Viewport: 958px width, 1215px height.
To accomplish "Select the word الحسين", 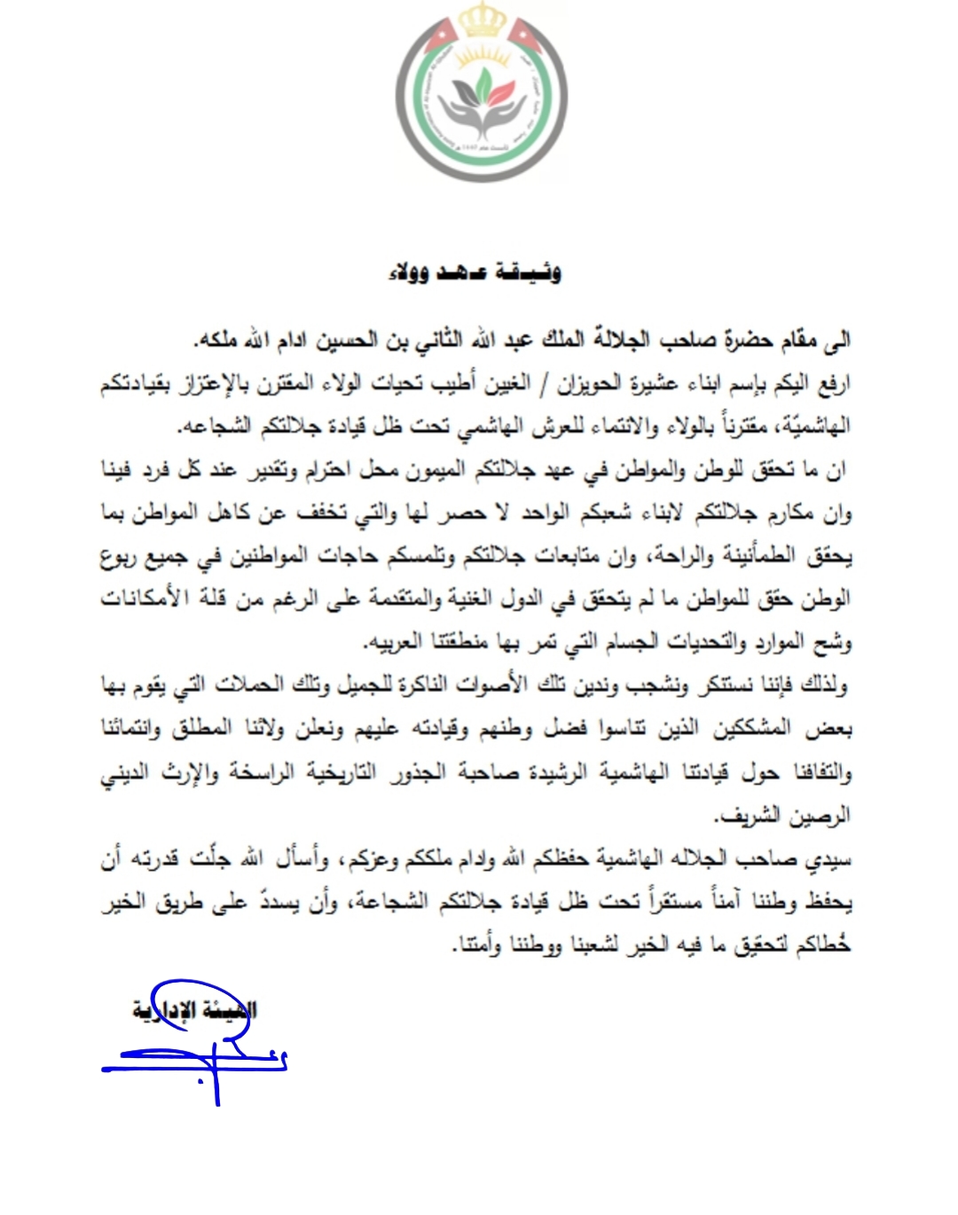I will pyautogui.click(x=342, y=340).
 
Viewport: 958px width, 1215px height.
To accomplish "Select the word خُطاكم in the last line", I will pyautogui.click(x=823, y=945).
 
